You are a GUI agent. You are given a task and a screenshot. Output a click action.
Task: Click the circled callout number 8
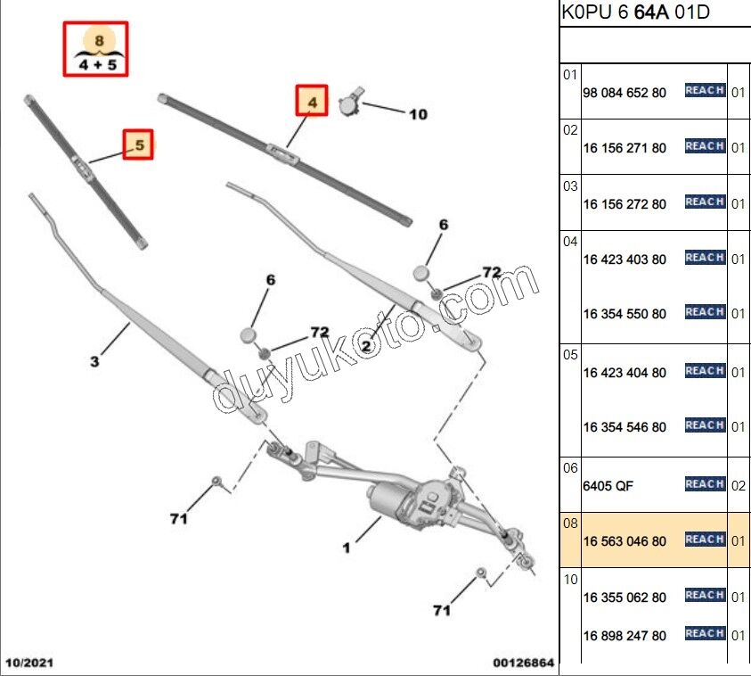click(x=98, y=41)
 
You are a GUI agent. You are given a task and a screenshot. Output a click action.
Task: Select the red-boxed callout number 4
click(x=313, y=103)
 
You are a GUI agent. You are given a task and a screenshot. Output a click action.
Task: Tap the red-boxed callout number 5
click(x=138, y=144)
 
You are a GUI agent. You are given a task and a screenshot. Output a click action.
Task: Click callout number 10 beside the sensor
click(x=418, y=114)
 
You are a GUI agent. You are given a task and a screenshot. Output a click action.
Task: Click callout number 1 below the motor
click(x=347, y=547)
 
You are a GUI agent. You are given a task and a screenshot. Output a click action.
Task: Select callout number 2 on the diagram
click(x=365, y=345)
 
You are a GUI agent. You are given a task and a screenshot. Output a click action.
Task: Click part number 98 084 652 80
click(x=624, y=93)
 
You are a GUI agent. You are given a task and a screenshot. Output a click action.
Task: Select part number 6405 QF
click(x=608, y=486)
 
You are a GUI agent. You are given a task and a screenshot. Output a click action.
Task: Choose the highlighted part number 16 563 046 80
click(x=624, y=541)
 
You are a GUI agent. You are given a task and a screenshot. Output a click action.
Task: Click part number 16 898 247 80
click(x=624, y=636)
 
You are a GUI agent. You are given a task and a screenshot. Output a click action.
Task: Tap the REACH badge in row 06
click(x=705, y=484)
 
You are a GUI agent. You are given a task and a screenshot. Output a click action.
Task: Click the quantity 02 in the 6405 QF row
click(x=738, y=486)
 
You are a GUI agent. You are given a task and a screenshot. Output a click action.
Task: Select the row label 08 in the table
click(x=570, y=523)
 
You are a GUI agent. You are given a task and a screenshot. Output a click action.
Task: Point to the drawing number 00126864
click(x=524, y=663)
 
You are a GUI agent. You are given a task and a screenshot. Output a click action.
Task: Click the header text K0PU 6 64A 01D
click(x=635, y=13)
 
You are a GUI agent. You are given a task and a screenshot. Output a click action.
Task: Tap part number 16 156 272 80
click(x=624, y=204)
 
